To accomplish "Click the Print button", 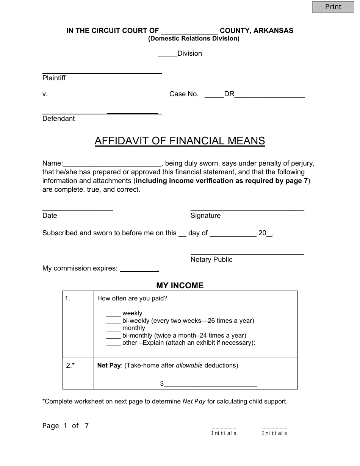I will tap(333, 7).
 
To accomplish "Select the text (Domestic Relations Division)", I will tap(194, 39).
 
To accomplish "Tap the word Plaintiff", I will tap(54, 78).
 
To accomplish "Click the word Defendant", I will tap(58, 119).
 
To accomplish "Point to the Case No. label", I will tap(184, 94).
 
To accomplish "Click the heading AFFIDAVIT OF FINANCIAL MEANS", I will tap(180, 141).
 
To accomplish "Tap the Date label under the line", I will tap(50, 216).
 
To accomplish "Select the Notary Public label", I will tap(211, 260).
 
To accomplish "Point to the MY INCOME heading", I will tap(180, 286).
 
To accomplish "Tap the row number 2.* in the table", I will tap(70, 366).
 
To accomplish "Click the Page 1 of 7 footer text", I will tap(66, 426).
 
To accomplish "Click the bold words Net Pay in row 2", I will tap(109, 366).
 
